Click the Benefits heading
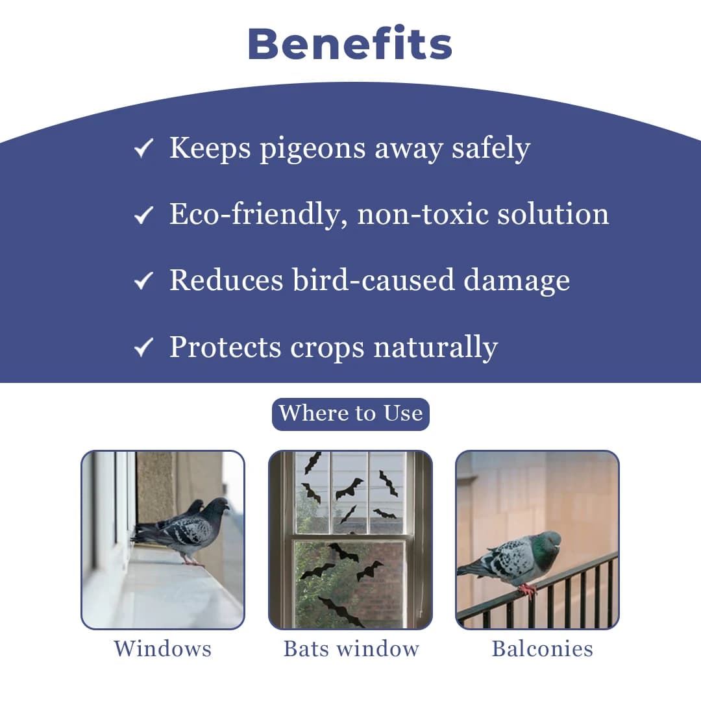350,44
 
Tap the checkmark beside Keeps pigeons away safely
143,149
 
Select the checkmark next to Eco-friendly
143,215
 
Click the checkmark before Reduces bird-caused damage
143,282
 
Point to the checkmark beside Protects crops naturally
143,348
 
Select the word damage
517,280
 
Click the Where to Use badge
350,413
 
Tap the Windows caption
162,648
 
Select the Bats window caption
351,648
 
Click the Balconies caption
542,648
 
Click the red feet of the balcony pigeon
528,589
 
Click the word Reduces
226,280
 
